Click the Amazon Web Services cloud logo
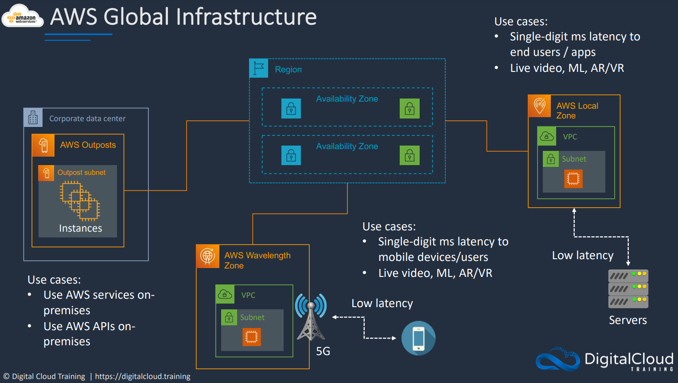pos(22,16)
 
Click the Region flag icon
pos(258,68)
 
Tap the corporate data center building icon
pos(33,117)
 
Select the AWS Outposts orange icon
pos(43,145)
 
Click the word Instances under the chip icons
pos(81,228)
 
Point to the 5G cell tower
pos(311,317)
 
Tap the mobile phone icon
pos(418,338)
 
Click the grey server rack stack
pos(628,288)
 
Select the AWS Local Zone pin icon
pos(539,106)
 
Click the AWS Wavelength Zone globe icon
pos(208,256)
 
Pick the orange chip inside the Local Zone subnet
pos(573,178)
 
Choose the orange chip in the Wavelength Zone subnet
pos(252,336)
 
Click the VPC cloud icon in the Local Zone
pos(547,136)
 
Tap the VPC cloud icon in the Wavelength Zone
pos(225,294)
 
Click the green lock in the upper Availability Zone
pos(409,108)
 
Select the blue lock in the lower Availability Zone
pos(291,155)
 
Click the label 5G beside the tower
pos(323,351)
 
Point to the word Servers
pos(628,320)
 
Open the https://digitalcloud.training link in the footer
pos(143,376)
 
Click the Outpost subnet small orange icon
pos(46,173)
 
